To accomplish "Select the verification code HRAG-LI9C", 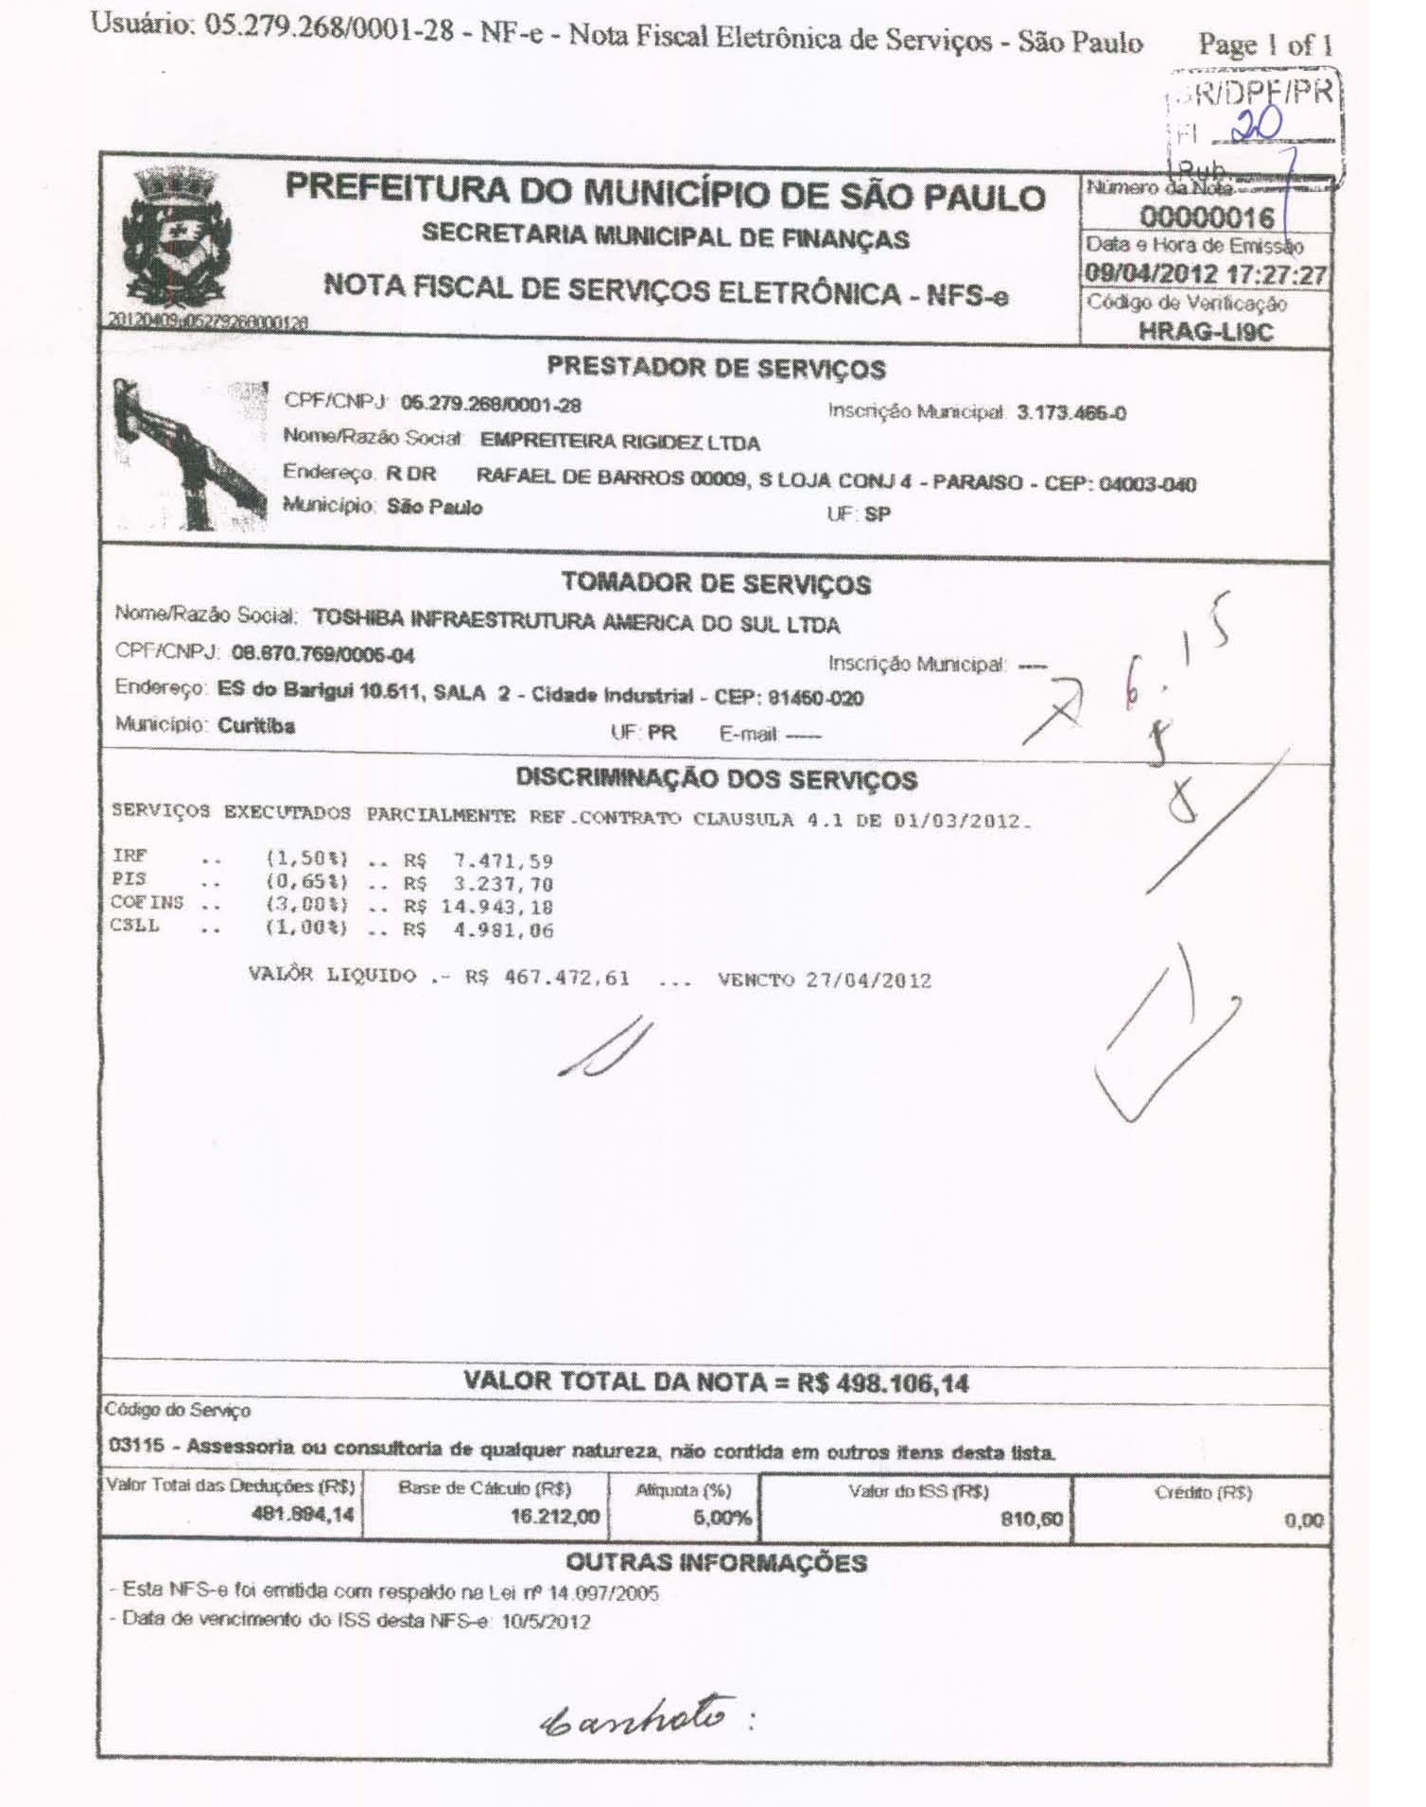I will pos(1206,332).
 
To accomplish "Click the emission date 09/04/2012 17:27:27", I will pos(1206,275).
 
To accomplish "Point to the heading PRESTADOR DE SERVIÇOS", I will pos(716,368).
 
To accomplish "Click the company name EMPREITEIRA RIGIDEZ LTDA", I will pos(619,442).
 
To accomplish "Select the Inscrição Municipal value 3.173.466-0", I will pos(1070,412).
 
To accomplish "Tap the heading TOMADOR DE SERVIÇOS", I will pos(716,583).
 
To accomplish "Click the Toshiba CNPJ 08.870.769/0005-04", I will pos(322,655).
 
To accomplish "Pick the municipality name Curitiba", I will pos(256,726).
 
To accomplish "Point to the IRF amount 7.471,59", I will pos(503,861).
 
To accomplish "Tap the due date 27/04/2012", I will pos(868,980).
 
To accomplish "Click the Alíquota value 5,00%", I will pos(722,1519).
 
